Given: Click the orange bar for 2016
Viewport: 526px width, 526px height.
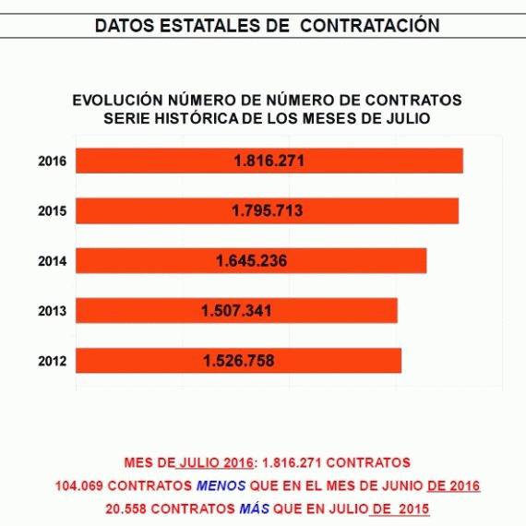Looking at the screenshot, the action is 269,161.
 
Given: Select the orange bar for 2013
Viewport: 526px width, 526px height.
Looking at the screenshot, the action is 236,311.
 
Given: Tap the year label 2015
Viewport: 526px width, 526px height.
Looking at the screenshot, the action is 53,211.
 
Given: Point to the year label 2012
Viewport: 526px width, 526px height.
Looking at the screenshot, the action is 53,361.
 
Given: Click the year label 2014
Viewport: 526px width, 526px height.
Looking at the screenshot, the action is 53,261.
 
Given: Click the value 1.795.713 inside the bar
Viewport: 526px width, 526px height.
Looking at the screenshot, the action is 268,210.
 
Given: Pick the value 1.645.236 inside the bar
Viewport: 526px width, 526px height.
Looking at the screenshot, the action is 252,260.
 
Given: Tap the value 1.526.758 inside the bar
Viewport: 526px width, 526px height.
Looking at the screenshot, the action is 239,361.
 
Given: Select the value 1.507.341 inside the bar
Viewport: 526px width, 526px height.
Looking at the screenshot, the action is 236,311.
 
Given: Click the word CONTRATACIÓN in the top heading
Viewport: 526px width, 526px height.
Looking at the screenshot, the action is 370,26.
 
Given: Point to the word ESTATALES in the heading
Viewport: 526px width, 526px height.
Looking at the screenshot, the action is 224,26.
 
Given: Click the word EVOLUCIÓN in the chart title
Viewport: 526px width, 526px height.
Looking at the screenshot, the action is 118,100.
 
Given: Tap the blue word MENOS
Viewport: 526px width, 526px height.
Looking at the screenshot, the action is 221,485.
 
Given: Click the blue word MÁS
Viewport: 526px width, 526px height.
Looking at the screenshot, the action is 255,508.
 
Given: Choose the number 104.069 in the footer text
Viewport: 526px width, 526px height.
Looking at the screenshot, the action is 78,485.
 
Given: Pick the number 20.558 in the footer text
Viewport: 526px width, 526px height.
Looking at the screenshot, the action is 126,508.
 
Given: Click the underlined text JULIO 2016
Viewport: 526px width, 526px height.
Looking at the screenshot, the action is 216,463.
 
